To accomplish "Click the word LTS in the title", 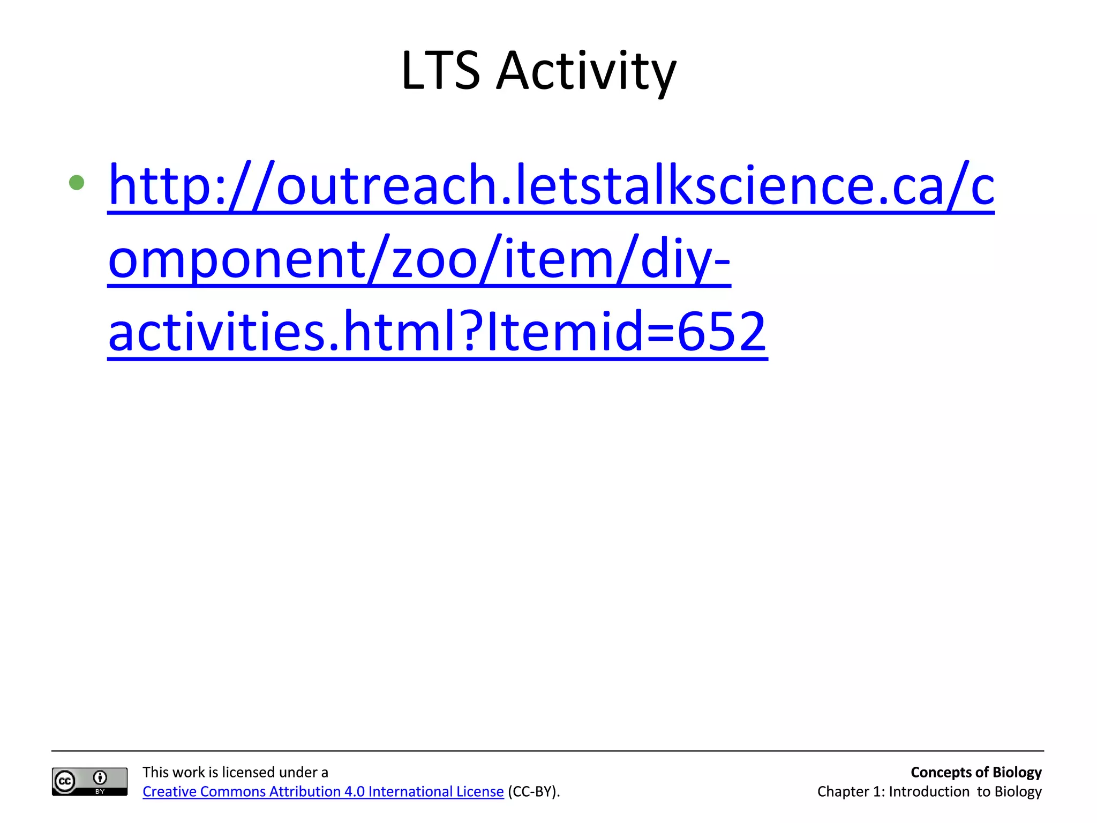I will click(x=440, y=70).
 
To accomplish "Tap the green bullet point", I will click(x=77, y=183).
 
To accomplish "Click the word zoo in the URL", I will click(x=434, y=259).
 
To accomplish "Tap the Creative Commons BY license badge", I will click(x=89, y=781).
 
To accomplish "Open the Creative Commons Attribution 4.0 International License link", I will click(x=323, y=791).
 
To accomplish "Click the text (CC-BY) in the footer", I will click(x=534, y=791).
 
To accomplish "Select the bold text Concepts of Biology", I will click(x=976, y=772).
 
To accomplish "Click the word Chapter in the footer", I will click(x=843, y=791).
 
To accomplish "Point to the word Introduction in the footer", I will click(x=929, y=791).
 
